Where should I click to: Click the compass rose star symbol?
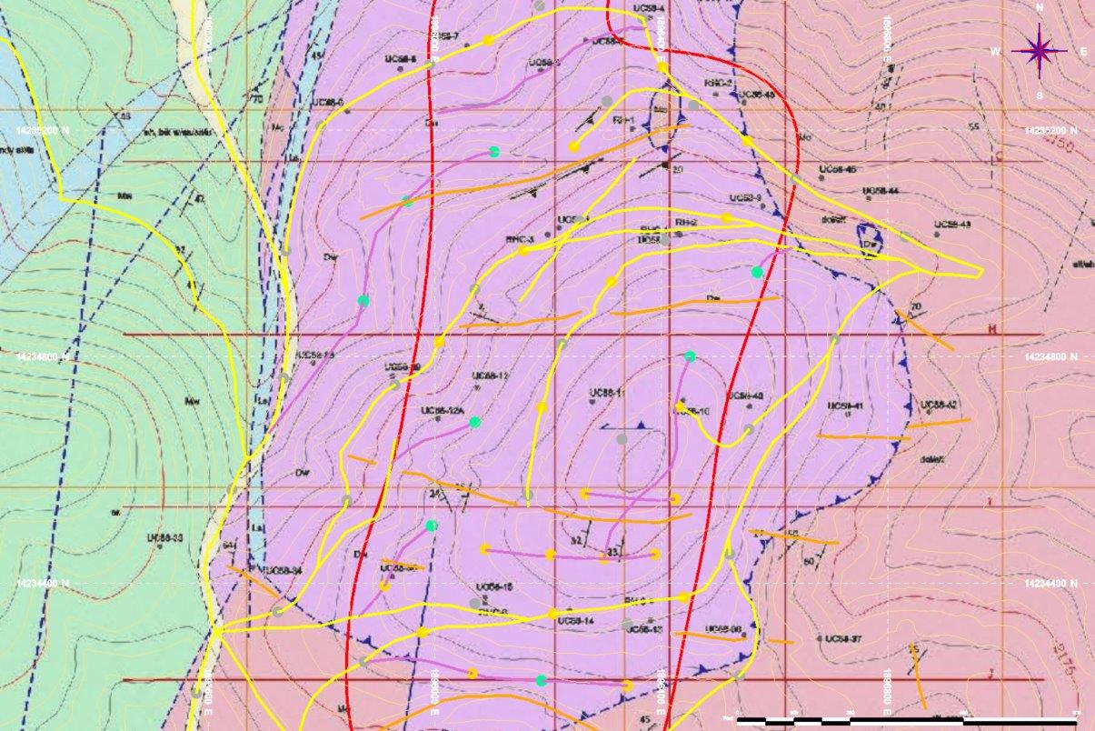tap(1040, 51)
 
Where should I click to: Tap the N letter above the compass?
tap(1040, 7)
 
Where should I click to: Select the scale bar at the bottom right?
tap(909, 721)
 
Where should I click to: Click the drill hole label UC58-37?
tap(841, 639)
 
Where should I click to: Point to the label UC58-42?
tap(940, 405)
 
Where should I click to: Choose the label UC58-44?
tap(880, 191)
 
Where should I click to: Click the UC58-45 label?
tap(837, 169)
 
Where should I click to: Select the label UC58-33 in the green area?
tap(166, 538)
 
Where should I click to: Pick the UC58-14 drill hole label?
tap(575, 621)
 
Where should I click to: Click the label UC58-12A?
tap(443, 411)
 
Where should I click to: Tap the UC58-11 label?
tap(606, 393)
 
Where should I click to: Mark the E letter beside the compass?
tap(1083, 52)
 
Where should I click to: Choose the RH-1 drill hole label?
tap(622, 119)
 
